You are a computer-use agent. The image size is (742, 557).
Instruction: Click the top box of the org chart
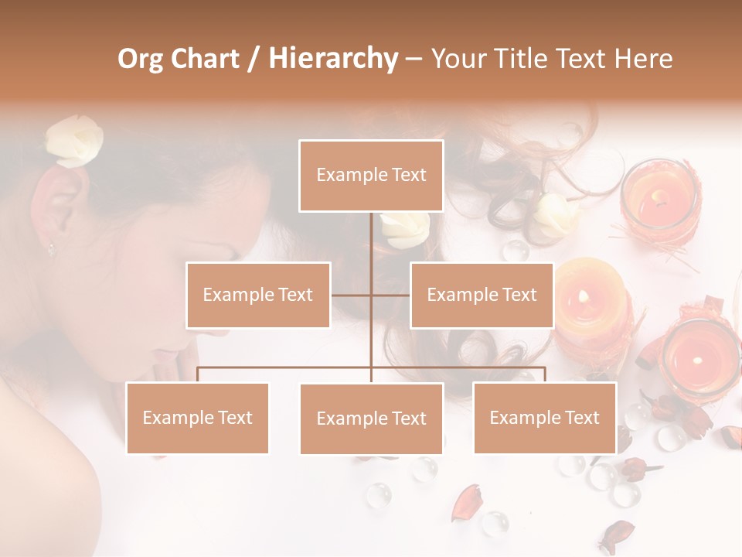click(x=371, y=176)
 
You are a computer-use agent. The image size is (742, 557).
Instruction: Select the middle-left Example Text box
click(x=258, y=295)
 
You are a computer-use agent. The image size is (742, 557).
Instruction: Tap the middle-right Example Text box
click(x=482, y=295)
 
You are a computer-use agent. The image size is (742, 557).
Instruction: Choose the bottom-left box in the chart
click(x=198, y=418)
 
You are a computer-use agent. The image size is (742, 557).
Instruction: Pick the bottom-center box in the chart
click(x=371, y=419)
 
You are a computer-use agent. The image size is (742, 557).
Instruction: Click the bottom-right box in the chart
click(x=544, y=418)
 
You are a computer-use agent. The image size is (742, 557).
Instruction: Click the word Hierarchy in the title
click(x=333, y=59)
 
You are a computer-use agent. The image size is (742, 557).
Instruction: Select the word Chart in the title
click(x=206, y=59)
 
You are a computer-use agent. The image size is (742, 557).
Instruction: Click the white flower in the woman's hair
click(x=73, y=141)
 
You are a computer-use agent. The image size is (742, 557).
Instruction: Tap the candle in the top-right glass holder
click(x=659, y=199)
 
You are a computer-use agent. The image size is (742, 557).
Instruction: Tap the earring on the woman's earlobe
click(x=52, y=248)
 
